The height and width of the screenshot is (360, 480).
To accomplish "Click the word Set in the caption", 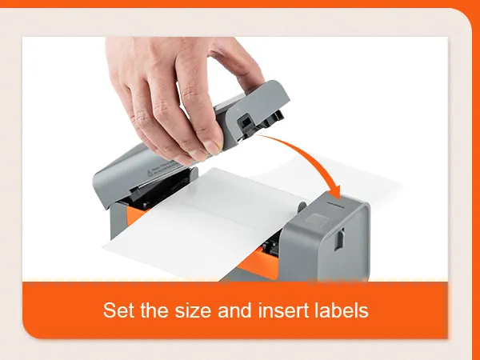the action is [x=118, y=310].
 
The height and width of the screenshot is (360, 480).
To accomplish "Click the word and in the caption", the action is [x=235, y=310].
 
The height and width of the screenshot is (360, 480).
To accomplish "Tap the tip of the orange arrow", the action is [x=338, y=199].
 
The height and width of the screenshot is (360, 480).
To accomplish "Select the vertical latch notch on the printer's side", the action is [x=338, y=239].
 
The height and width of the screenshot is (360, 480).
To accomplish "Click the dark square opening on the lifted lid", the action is [x=245, y=122].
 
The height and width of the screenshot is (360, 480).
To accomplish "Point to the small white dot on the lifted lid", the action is [x=238, y=110].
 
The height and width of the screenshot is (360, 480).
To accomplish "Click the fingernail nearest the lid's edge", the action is [x=213, y=147].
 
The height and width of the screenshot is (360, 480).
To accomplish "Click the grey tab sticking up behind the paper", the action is [x=302, y=206].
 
